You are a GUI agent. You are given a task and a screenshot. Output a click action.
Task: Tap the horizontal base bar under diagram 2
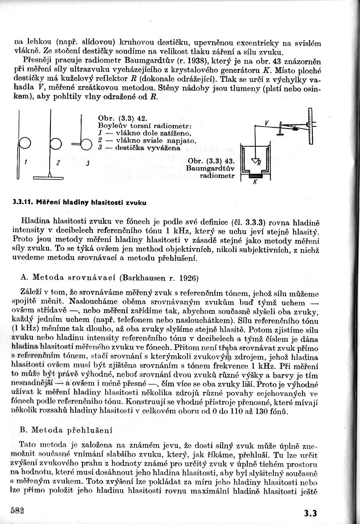click(49, 177)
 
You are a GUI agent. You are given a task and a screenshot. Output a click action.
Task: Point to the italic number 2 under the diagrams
click(58, 163)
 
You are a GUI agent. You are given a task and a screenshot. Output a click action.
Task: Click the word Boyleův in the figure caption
click(112, 125)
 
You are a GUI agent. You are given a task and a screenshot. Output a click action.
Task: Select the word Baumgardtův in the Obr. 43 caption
click(210, 168)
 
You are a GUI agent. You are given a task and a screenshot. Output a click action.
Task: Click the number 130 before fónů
click(266, 411)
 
